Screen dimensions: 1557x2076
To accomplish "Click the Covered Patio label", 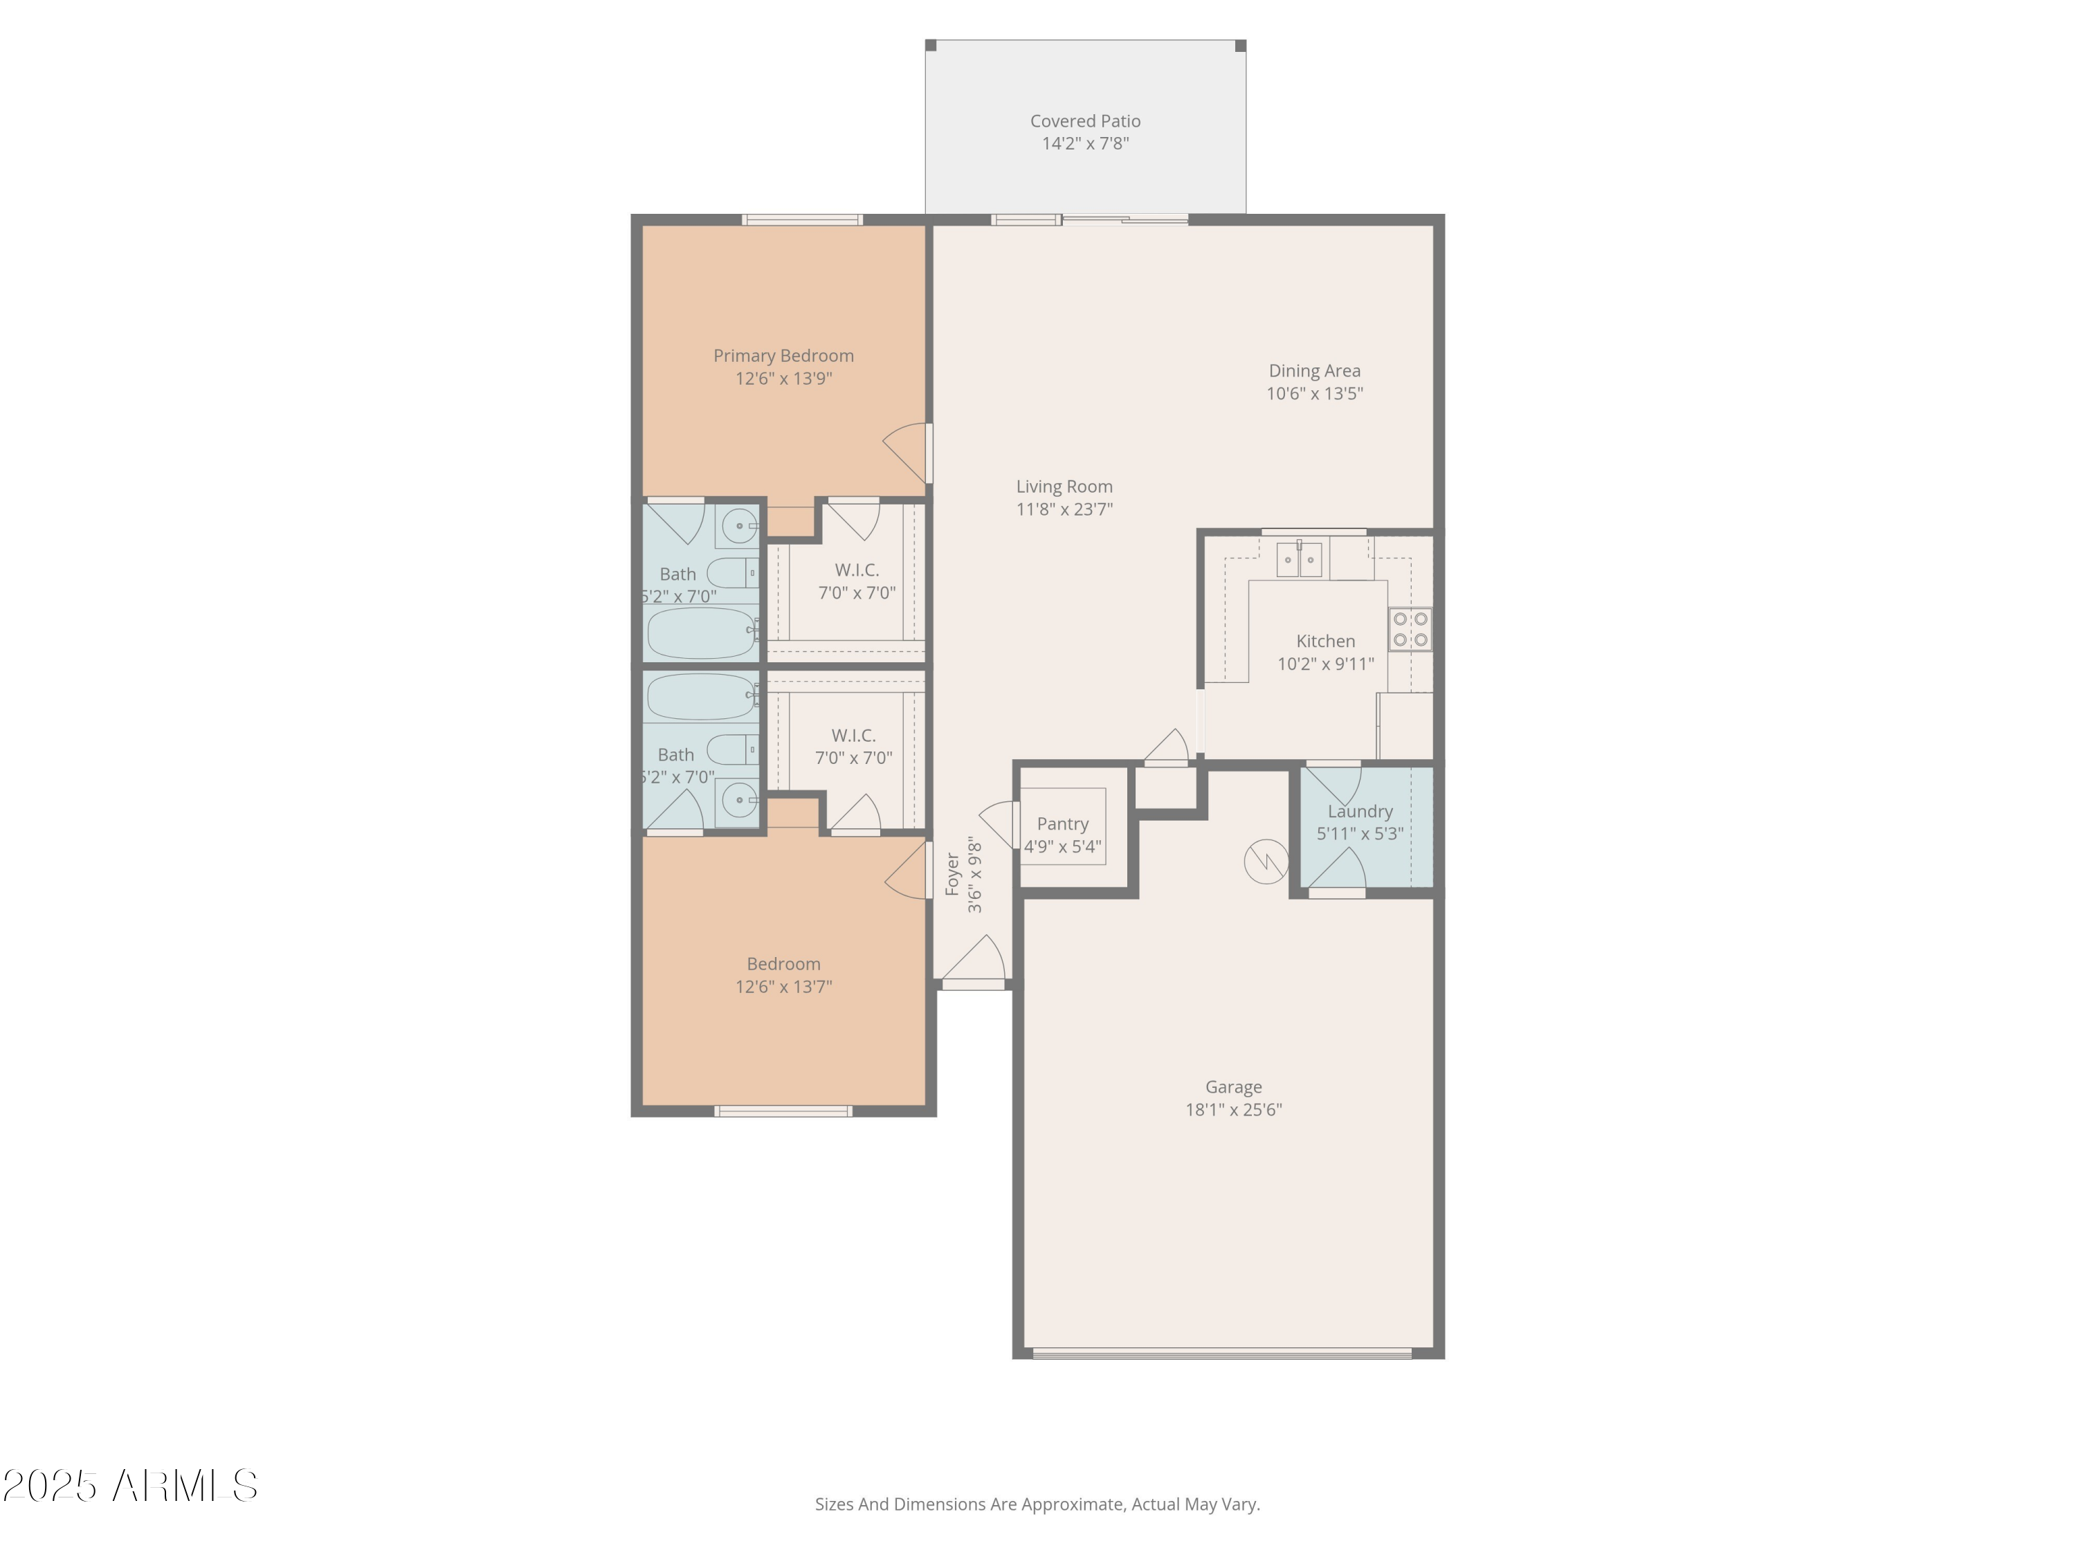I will click(x=1085, y=121).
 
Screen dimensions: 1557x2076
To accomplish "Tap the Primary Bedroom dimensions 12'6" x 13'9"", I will click(x=783, y=379).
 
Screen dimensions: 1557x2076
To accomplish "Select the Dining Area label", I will click(x=1314, y=371).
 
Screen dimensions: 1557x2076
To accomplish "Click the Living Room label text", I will click(x=1064, y=486).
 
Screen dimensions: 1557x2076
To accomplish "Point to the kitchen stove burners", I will click(x=1410, y=629).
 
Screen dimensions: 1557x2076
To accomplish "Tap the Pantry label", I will click(x=1062, y=824).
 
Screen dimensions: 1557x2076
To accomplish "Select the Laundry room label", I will click(x=1360, y=812).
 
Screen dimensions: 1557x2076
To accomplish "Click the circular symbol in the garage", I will click(x=1265, y=861).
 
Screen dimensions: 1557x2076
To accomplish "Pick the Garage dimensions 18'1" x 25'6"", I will click(x=1233, y=1109).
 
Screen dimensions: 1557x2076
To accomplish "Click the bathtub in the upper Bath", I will click(x=702, y=633).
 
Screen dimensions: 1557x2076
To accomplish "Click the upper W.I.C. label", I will click(x=856, y=570).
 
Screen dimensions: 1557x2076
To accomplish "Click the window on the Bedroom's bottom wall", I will click(x=783, y=1111).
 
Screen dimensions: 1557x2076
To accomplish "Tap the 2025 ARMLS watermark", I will click(x=131, y=1486).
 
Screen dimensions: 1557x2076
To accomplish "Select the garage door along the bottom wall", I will click(x=1222, y=1354).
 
